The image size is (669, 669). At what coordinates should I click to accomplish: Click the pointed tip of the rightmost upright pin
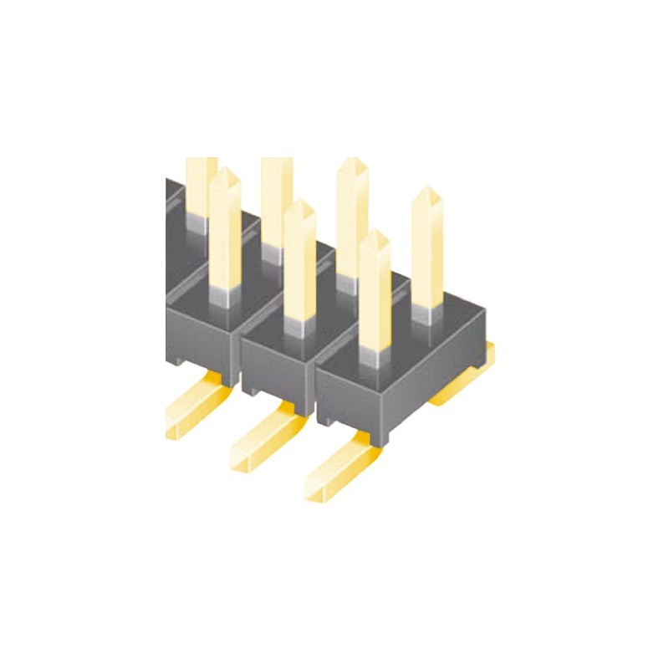[x=426, y=189]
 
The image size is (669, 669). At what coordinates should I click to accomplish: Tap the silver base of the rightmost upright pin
[x=426, y=313]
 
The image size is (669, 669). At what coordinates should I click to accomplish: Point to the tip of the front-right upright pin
[x=375, y=234]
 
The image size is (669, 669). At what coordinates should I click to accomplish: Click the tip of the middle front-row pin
[x=299, y=203]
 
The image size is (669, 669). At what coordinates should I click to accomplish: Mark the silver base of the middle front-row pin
[x=299, y=327]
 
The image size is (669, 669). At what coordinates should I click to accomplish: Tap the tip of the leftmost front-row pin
[x=224, y=171]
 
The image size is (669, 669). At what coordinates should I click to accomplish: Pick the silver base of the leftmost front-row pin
[x=224, y=294]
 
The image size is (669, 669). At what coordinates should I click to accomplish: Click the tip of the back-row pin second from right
[x=352, y=161]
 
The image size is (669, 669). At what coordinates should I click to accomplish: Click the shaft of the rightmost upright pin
[x=426, y=251]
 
